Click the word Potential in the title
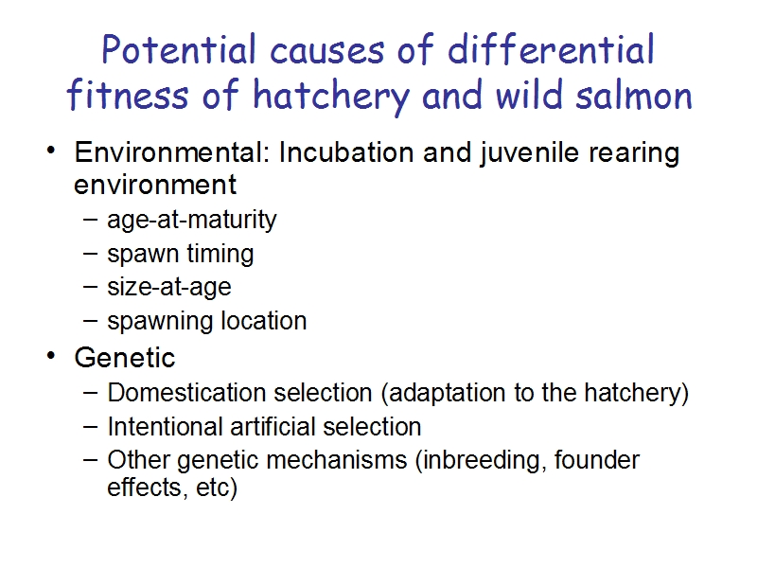pyautogui.click(x=179, y=49)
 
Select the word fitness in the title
pyautogui.click(x=128, y=94)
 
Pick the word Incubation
pyautogui.click(x=346, y=152)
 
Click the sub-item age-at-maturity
pyautogui.click(x=192, y=221)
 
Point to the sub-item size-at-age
pyautogui.click(x=169, y=288)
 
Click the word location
pyautogui.click(x=264, y=321)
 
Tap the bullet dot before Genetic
pyautogui.click(x=51, y=356)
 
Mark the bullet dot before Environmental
pyautogui.click(x=51, y=151)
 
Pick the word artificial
pyautogui.click(x=273, y=427)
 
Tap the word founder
pyautogui.click(x=597, y=459)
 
